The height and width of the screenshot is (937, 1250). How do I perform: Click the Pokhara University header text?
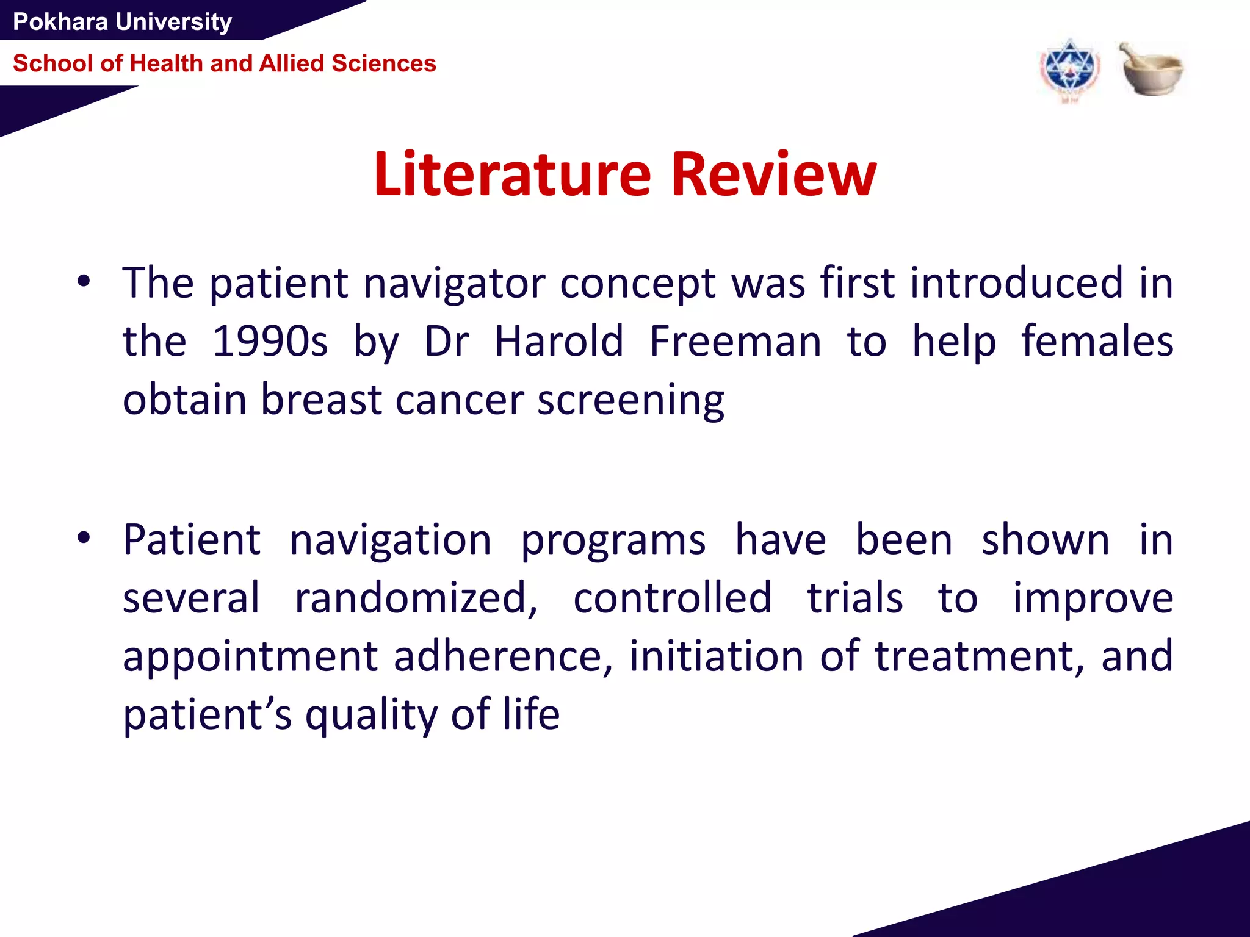[x=122, y=22]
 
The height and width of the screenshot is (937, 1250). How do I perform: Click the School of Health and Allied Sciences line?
[x=224, y=63]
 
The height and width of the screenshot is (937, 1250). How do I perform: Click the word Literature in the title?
[x=512, y=175]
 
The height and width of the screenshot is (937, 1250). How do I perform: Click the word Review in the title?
[x=773, y=175]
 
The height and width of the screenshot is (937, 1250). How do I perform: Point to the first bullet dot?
[x=84, y=282]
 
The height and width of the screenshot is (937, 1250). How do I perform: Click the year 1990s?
[x=269, y=341]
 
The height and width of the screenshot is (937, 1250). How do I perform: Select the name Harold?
[x=558, y=341]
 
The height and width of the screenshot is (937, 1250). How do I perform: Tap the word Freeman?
[x=735, y=341]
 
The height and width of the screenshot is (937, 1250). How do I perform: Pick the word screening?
[x=630, y=401]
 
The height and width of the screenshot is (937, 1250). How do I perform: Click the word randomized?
[x=416, y=598]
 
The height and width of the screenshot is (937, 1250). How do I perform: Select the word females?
[x=1097, y=341]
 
